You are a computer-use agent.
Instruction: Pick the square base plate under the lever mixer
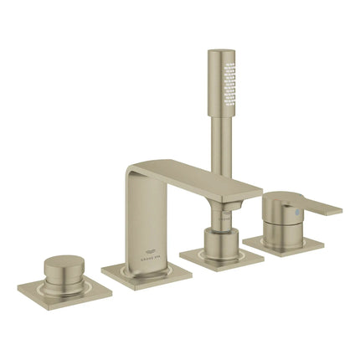pos(285,244)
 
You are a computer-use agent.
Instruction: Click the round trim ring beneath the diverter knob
pos(60,280)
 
